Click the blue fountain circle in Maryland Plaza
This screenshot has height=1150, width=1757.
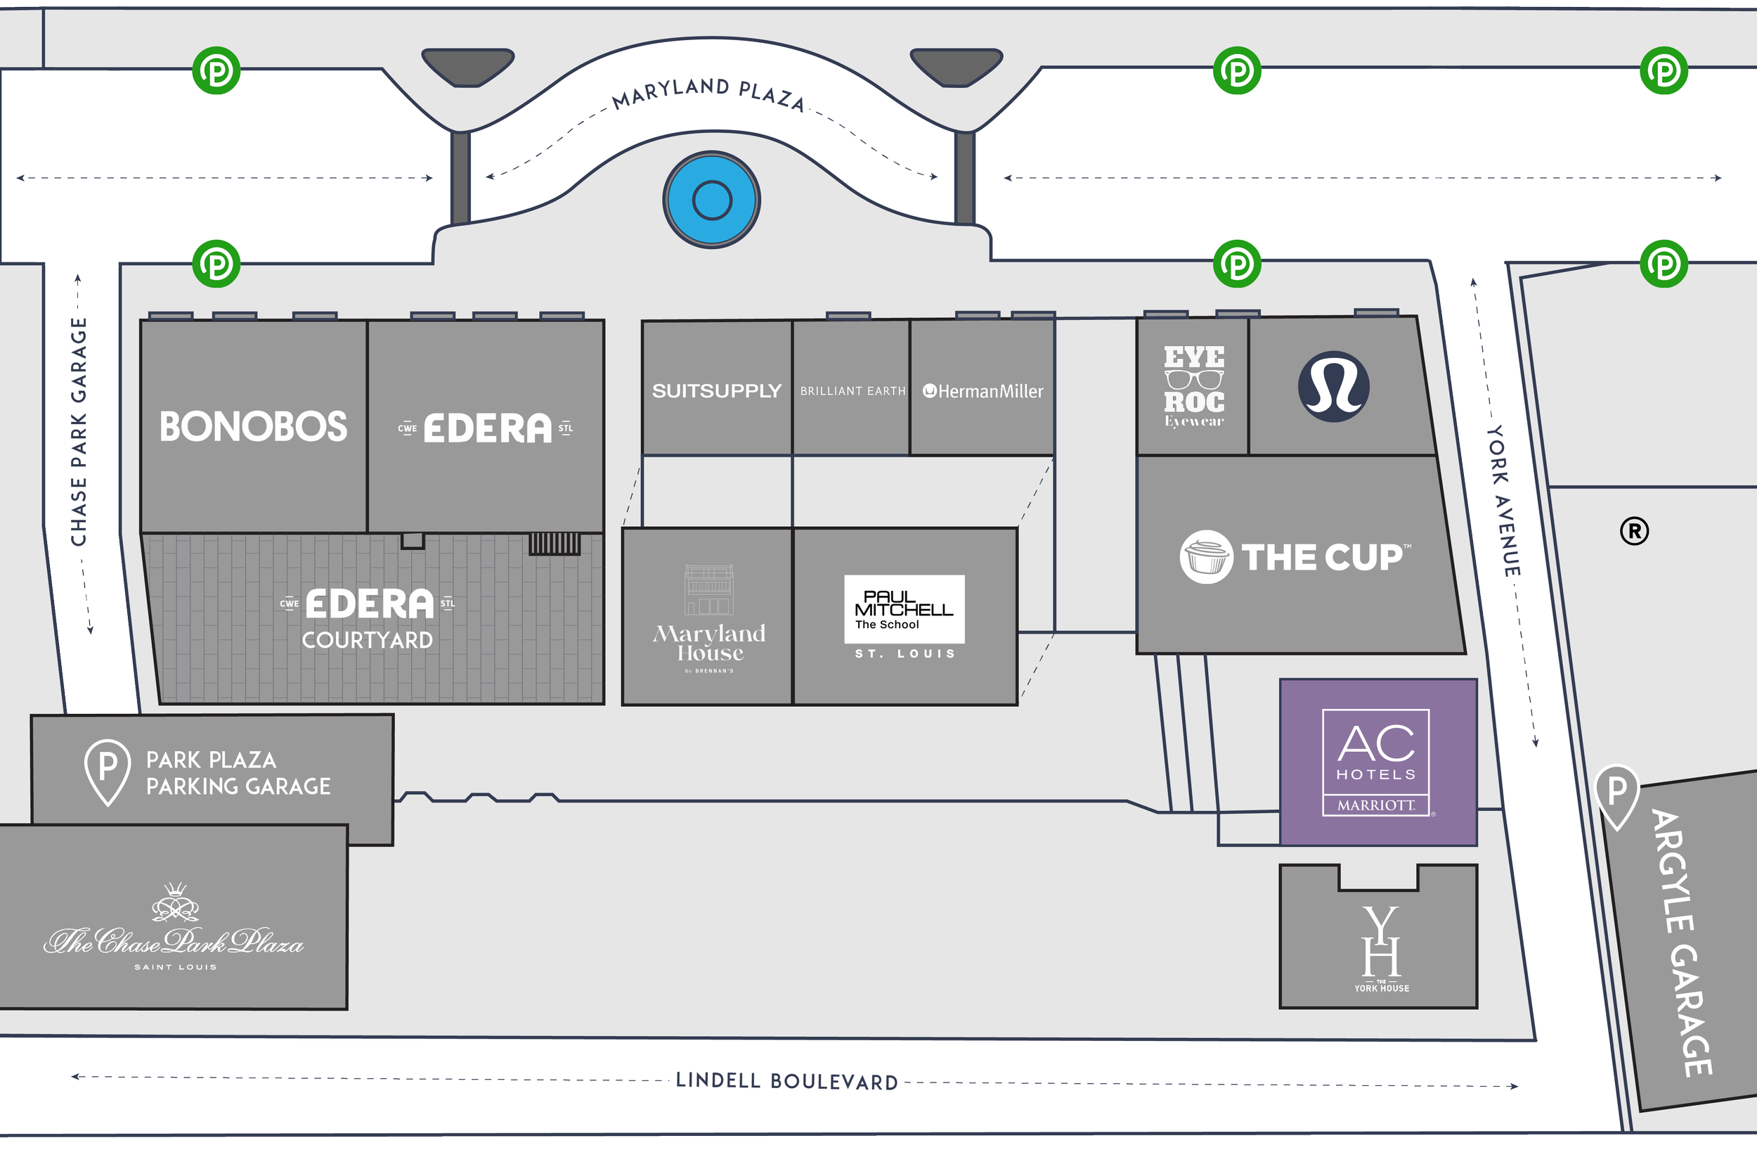[712, 200]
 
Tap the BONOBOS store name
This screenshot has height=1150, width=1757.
[253, 427]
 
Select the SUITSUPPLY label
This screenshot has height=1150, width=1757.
[716, 391]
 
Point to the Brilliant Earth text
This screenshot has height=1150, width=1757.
[852, 392]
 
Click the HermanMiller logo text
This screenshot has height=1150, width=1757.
[983, 392]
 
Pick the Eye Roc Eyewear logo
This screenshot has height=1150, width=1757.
[1194, 387]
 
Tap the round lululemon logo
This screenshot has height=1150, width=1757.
[1333, 386]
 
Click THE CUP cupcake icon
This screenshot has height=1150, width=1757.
[1205, 557]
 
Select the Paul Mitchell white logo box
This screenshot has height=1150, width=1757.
[905, 609]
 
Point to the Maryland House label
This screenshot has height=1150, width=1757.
[709, 643]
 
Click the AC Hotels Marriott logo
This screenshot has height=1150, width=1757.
[1376, 762]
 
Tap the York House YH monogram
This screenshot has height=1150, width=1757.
[1380, 943]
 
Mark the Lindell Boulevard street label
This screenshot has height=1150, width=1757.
[787, 1081]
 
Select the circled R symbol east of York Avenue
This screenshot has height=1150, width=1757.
[1635, 531]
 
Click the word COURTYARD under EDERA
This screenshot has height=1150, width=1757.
[367, 640]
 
